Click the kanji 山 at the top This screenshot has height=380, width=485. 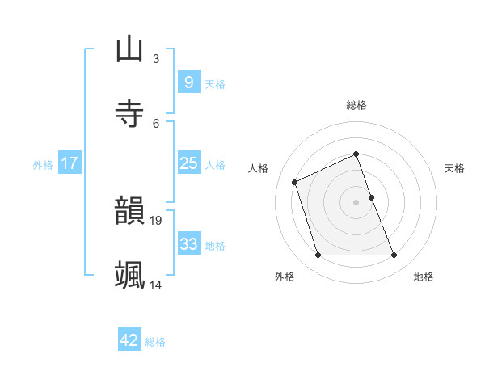click(129, 49)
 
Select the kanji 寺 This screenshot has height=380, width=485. click(129, 112)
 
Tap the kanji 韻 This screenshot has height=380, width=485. click(129, 211)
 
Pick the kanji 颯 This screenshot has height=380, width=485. click(129, 275)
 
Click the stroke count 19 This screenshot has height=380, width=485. click(157, 220)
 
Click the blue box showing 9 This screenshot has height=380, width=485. click(188, 82)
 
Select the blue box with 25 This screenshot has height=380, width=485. click(188, 163)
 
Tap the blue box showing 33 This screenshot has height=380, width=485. click(188, 244)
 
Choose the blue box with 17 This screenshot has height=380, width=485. click(69, 163)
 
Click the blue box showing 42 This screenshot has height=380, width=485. click(129, 340)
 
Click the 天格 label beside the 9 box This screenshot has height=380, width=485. click(215, 84)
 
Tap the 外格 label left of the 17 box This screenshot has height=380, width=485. click(43, 165)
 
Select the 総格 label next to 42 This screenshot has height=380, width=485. click(155, 342)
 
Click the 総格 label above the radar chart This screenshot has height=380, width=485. click(356, 105)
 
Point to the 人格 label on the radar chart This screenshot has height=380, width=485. click(259, 168)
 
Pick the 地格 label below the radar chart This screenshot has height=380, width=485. click(424, 277)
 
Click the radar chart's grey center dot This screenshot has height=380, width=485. click(356, 202)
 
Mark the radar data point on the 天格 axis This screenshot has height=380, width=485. click(371, 197)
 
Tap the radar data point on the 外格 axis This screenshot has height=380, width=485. click(318, 255)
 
